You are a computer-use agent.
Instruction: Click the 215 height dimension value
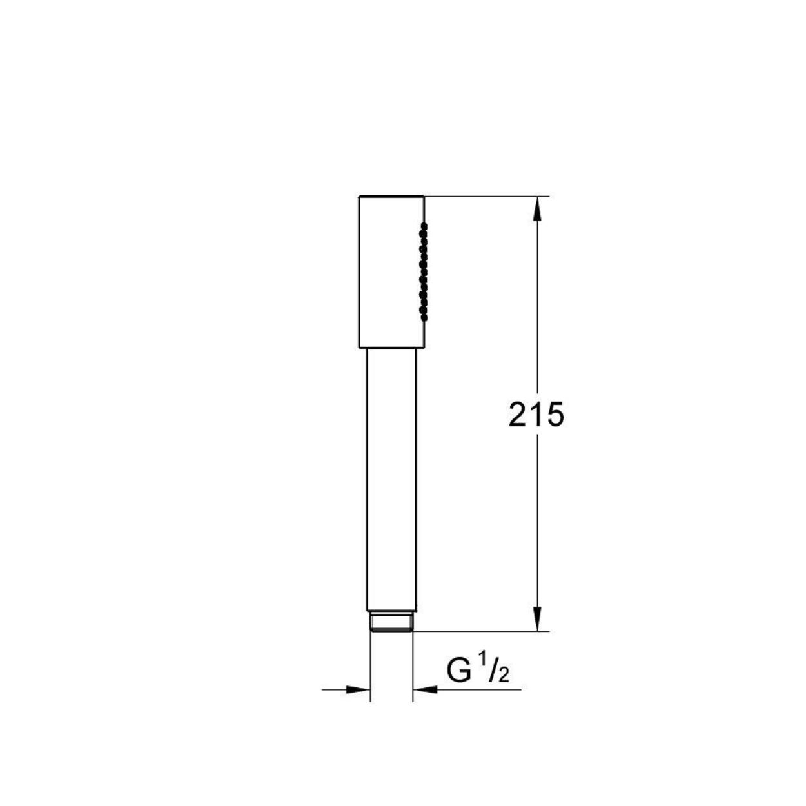536,415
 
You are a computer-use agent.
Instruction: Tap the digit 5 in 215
555,415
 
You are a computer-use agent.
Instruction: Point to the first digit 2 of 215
517,415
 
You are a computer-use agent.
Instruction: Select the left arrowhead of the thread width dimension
359,689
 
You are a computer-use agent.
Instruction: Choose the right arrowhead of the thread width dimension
425,689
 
